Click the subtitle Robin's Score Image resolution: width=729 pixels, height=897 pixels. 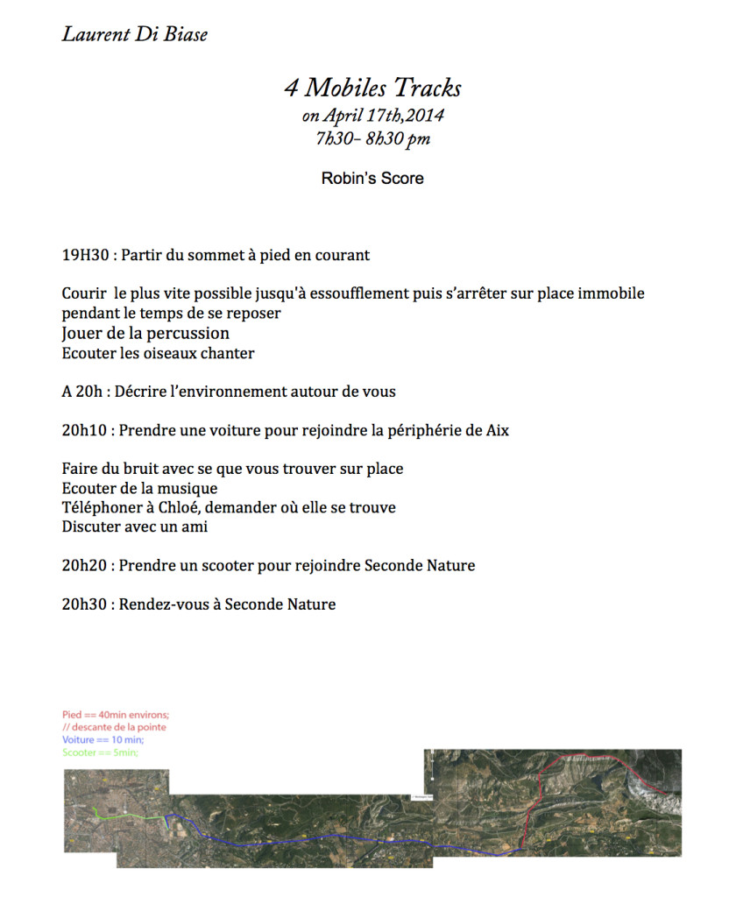click(x=372, y=178)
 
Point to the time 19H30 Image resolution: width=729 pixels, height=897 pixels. click(x=85, y=256)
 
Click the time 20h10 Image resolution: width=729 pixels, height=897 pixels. click(x=86, y=431)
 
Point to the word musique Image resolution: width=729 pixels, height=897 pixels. click(x=187, y=489)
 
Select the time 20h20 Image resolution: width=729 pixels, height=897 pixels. click(x=86, y=566)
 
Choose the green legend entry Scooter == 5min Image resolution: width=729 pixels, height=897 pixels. click(x=100, y=752)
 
